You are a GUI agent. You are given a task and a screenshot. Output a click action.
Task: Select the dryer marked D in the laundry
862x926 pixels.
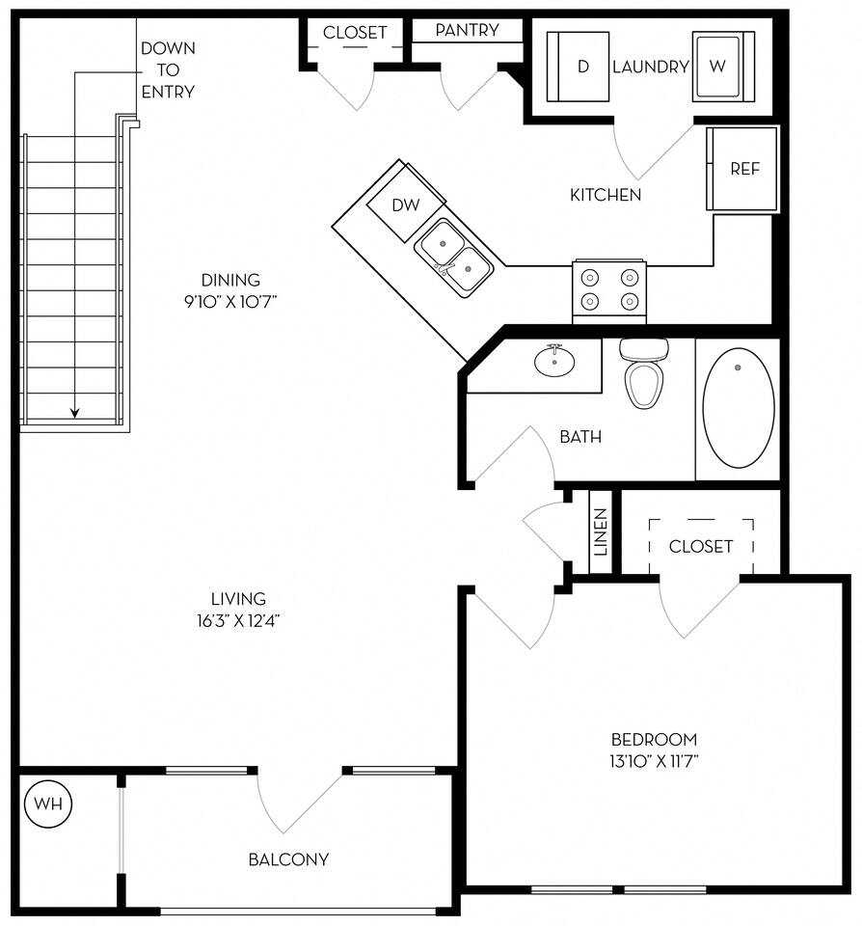point(579,67)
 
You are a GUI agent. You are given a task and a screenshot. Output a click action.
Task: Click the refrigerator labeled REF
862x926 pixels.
point(742,169)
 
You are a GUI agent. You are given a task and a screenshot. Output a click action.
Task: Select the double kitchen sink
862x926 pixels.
point(454,250)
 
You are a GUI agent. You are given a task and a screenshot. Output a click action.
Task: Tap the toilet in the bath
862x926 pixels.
point(643,373)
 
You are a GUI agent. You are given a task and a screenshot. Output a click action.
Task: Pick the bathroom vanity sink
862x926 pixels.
point(553,362)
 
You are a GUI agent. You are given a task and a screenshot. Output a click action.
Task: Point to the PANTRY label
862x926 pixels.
point(467,30)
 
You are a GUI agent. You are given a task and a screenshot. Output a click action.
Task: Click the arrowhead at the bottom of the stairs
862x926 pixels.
point(75,413)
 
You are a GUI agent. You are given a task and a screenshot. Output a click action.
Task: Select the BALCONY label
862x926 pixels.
point(288,859)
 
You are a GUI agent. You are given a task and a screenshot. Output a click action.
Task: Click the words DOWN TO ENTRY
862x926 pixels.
point(167,69)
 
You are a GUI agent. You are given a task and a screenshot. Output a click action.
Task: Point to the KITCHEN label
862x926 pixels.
point(606,195)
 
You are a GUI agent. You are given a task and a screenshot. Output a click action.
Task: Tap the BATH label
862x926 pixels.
point(580,437)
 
